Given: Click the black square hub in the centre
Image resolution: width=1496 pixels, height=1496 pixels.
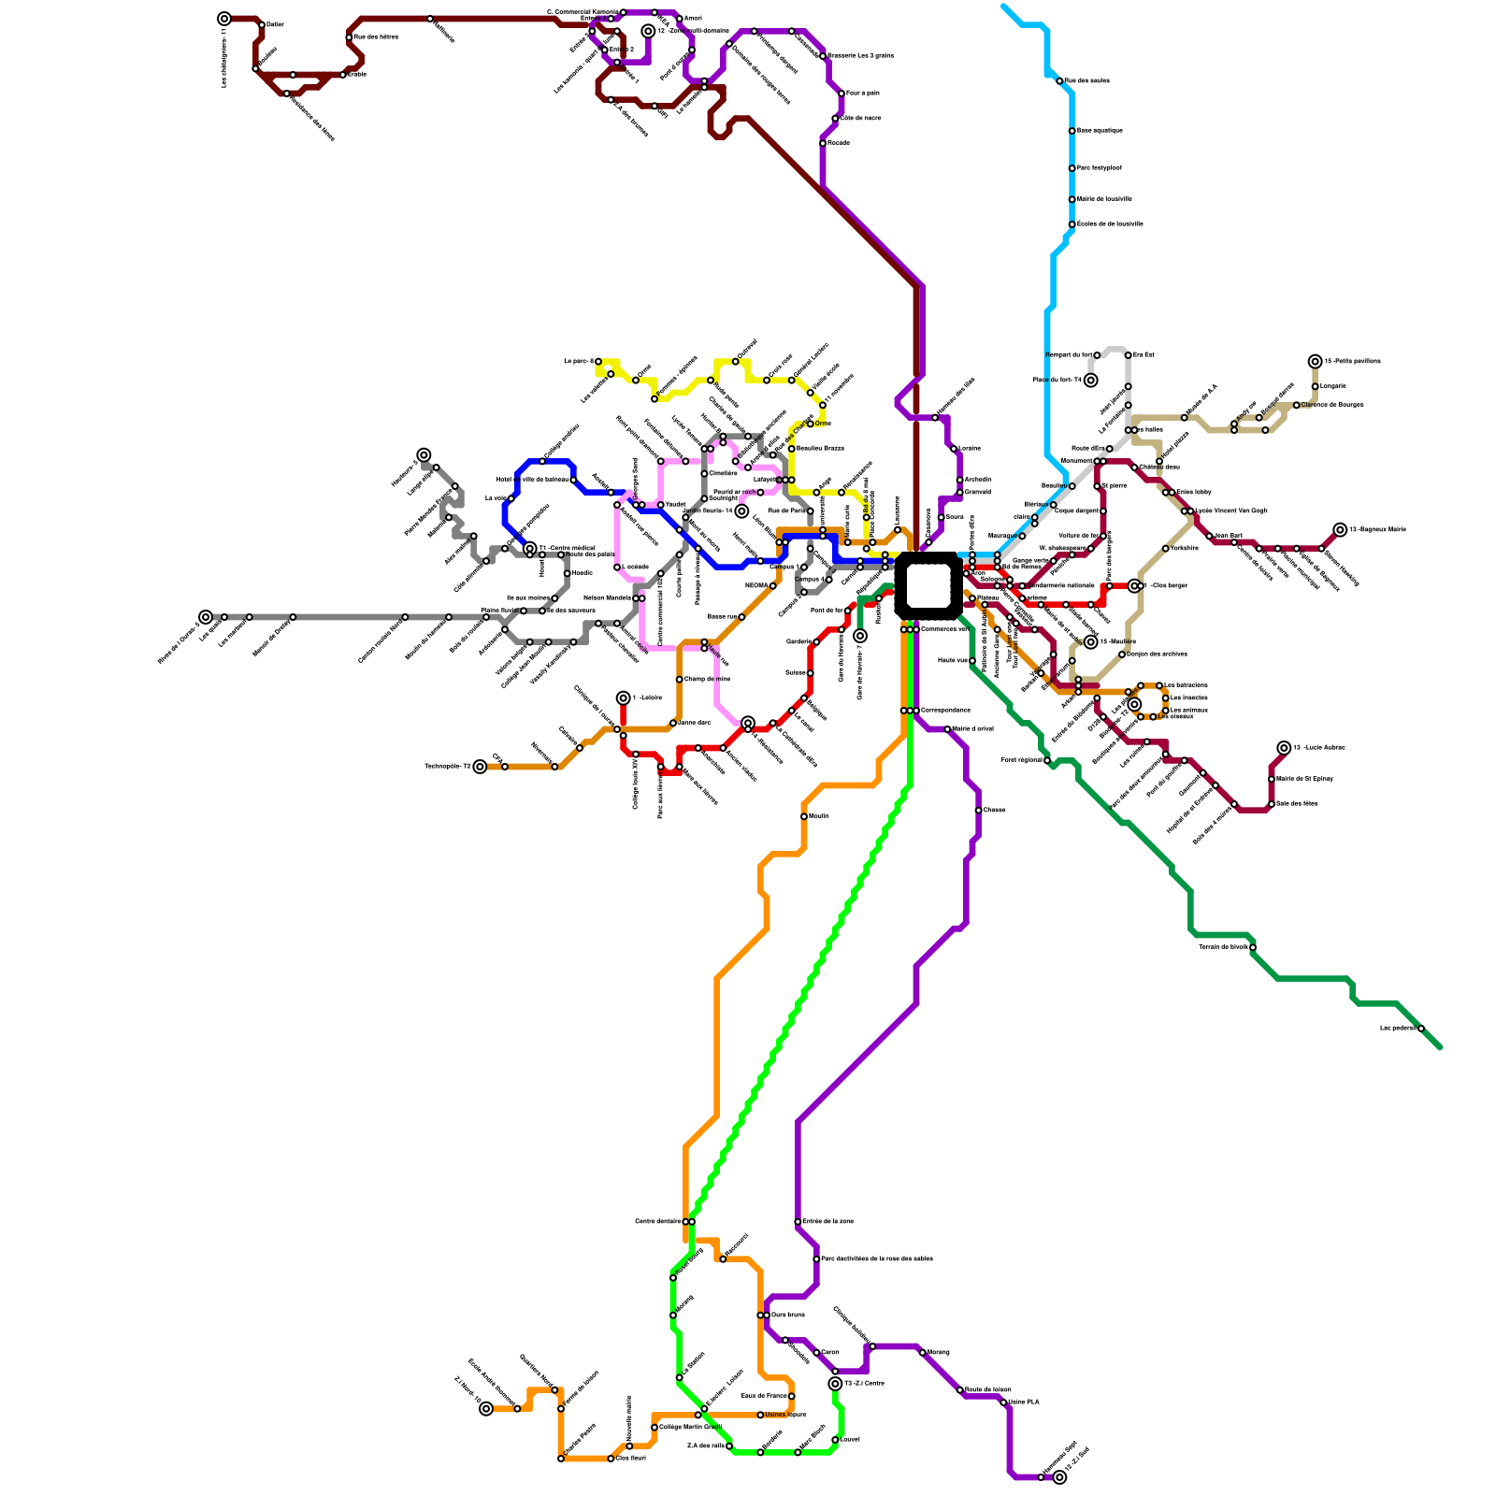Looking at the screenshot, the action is (928, 586).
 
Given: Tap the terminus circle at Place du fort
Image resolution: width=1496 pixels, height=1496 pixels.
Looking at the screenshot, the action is (1090, 380).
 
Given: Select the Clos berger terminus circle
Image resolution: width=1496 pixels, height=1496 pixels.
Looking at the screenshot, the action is (1134, 585).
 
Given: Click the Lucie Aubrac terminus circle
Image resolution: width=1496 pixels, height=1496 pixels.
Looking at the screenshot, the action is (1284, 748).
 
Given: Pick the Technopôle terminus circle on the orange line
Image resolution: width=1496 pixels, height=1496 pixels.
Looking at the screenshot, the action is (480, 767).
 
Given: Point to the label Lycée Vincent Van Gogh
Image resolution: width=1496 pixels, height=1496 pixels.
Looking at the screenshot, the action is (1231, 511).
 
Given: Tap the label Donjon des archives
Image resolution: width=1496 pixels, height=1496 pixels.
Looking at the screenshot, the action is (1157, 654).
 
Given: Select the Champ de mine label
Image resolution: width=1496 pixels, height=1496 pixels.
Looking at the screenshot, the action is (707, 679).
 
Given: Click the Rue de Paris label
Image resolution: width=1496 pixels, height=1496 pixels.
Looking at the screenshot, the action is (786, 511).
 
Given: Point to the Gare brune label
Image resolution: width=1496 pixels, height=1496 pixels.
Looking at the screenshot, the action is (787, 1315).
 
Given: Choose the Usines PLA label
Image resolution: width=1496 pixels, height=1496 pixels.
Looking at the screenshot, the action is (1023, 1402).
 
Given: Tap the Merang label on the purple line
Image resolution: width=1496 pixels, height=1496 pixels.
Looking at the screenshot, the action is (938, 1352).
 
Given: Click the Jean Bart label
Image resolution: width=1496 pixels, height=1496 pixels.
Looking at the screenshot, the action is (1228, 536).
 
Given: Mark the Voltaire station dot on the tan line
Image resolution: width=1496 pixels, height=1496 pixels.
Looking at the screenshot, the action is (1165, 549).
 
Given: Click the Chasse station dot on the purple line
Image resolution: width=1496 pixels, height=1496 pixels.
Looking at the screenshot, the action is (978, 810).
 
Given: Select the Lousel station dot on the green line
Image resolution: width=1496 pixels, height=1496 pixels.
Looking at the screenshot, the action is (835, 1440).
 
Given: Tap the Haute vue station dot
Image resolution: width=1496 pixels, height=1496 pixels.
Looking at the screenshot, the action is (972, 661).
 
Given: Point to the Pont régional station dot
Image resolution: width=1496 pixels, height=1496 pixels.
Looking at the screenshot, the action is (1047, 761).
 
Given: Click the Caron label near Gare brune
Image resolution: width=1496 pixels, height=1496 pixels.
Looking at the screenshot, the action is (830, 1352).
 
